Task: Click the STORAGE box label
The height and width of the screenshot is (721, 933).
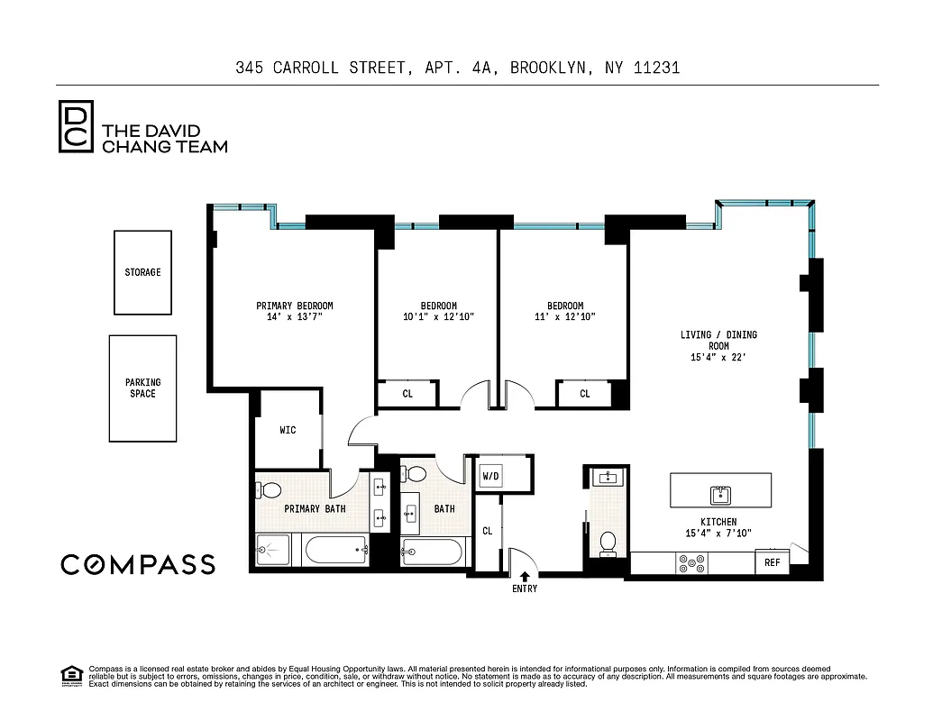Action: click(x=142, y=272)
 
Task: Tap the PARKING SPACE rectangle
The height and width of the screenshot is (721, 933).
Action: click(x=142, y=388)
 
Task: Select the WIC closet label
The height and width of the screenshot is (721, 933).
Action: click(x=288, y=431)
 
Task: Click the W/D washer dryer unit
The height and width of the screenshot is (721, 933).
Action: click(x=490, y=475)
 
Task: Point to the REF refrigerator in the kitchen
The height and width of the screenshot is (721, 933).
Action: click(x=772, y=562)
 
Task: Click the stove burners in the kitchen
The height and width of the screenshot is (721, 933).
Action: click(x=692, y=563)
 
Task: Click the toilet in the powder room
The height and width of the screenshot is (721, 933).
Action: click(x=608, y=543)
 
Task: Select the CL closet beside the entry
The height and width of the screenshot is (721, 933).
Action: click(x=487, y=532)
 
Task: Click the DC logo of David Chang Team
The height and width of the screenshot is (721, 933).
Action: click(x=75, y=127)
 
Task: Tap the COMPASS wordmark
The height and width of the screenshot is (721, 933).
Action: click(x=138, y=565)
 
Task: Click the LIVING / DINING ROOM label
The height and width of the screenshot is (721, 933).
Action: click(x=718, y=340)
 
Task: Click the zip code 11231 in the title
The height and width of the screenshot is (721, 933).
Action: click(x=654, y=68)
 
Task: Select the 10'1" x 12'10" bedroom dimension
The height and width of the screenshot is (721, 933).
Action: click(x=438, y=317)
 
